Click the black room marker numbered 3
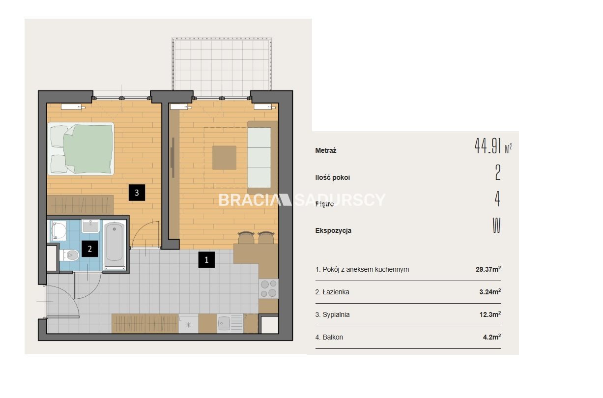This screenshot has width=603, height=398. point(137,193)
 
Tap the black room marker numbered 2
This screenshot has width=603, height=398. point(89,249)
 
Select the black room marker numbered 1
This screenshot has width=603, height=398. point(206,259)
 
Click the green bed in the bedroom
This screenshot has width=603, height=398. point(81,149)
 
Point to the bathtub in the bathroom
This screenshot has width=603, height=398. point(115,245)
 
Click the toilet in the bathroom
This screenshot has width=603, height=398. point(69,255)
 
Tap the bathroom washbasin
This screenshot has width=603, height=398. point(90,226)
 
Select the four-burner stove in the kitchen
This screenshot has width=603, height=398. point(269,289)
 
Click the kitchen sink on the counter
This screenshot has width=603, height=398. point(230,323)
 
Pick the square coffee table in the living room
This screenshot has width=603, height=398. point(224,158)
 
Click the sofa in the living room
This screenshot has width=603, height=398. point(262,157)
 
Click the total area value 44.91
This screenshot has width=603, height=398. point(487,146)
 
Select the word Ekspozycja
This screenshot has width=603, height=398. point(333,230)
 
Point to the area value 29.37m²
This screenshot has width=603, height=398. point(488,269)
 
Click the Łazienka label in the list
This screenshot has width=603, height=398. point(336,292)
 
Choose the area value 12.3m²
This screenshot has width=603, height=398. point(490,314)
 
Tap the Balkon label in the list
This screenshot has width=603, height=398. point(333,337)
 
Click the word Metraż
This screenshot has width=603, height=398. point(326,150)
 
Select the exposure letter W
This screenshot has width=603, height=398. point(497,226)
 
